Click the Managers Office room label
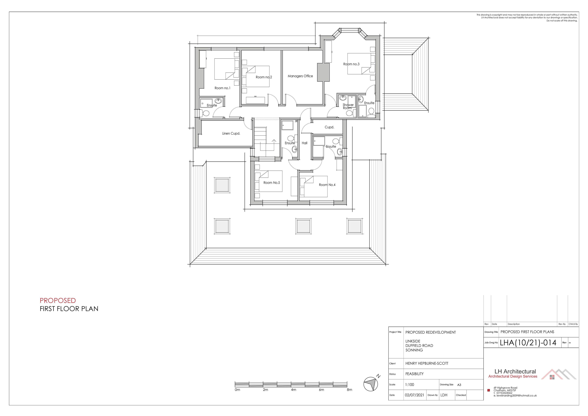(x=300, y=76)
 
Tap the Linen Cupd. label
(x=231, y=134)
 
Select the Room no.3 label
(x=351, y=64)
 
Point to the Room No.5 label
(x=272, y=183)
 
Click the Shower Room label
(x=348, y=106)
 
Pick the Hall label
(x=304, y=143)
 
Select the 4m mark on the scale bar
(x=293, y=390)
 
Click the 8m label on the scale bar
(x=349, y=390)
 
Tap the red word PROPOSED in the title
(x=58, y=300)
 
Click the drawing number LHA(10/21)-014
(x=528, y=343)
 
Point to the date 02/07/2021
(x=414, y=395)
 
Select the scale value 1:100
(x=409, y=384)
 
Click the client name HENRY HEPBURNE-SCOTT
(x=427, y=363)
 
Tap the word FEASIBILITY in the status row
(x=414, y=374)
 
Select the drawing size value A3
(x=459, y=385)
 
